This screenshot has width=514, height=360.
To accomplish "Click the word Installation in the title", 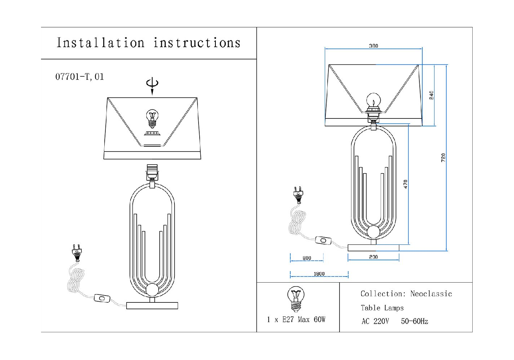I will coord(100,43).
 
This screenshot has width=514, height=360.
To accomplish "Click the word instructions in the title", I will coord(197,43).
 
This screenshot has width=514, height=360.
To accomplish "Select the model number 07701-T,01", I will coord(79,77).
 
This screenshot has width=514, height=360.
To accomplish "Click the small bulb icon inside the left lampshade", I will coord(152,118).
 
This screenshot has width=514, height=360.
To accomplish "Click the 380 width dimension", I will coord(373,46).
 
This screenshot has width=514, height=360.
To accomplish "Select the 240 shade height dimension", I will coord(431,95).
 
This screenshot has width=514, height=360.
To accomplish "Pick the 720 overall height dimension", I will coord(443,157).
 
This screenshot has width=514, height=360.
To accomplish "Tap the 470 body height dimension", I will coord(405,184).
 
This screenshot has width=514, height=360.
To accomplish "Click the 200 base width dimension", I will coord(373,257).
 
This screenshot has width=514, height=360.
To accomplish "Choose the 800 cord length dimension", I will coord(306,258).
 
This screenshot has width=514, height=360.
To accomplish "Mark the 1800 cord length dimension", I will coord(319,274).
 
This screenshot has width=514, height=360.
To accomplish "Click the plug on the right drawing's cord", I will coord(298,194).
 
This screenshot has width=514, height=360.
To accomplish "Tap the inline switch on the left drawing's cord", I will coord(102,298).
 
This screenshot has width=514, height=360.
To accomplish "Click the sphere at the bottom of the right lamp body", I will coord(373,232).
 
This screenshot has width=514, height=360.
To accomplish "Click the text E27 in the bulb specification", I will coord(288,320).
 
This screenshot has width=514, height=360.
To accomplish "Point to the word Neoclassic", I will coord(431,294).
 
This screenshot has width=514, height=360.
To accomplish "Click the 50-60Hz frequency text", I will coord(414,321).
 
